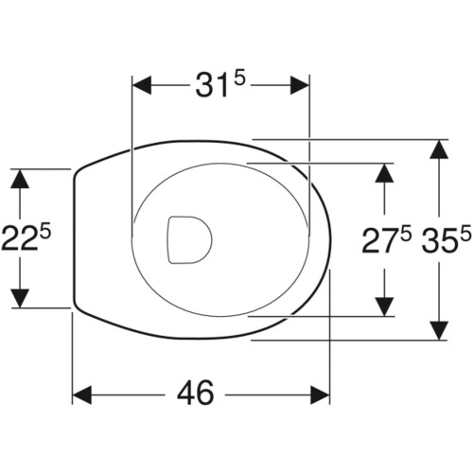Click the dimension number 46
click(196, 393)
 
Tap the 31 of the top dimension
click(211, 85)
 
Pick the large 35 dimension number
click(440, 240)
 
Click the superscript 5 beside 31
click(239, 79)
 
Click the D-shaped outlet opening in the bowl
click(189, 239)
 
